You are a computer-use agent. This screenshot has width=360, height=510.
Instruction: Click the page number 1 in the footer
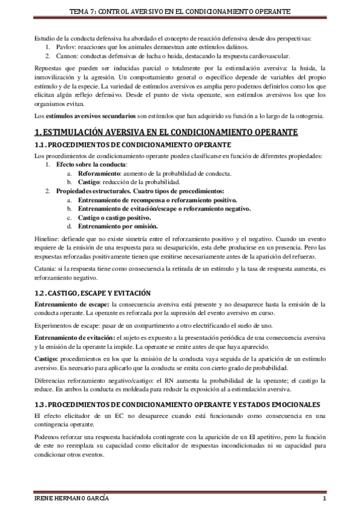click(324, 500)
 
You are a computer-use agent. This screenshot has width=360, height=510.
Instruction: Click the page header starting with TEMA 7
click(180, 11)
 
